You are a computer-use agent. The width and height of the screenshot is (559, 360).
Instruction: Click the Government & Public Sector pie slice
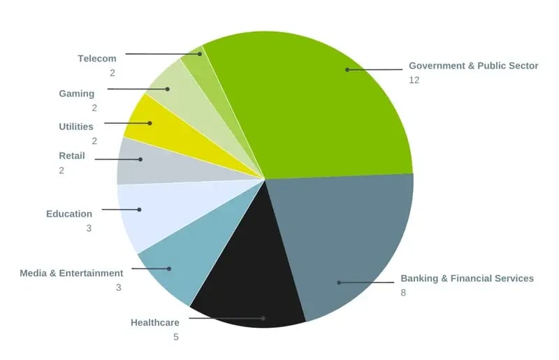(x=328, y=105)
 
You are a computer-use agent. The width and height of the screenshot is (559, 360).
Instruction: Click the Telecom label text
(x=97, y=59)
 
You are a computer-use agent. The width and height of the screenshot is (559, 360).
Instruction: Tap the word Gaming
(x=76, y=94)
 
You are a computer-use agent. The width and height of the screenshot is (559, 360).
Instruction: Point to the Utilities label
(x=76, y=127)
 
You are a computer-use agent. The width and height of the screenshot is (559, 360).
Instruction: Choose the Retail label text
(x=72, y=156)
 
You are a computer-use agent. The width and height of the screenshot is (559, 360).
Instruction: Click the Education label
(x=69, y=214)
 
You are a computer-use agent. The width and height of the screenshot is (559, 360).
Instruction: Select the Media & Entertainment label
(x=71, y=273)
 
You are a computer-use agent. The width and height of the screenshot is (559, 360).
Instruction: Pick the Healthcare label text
(x=155, y=322)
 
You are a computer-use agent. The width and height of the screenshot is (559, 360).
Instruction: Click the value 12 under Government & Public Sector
(x=414, y=80)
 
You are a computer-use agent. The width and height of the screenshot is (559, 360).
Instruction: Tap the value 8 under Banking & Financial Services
(x=403, y=292)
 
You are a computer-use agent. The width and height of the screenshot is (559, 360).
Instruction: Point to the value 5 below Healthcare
(x=176, y=337)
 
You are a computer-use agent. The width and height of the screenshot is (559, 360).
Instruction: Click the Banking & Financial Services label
(x=467, y=278)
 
